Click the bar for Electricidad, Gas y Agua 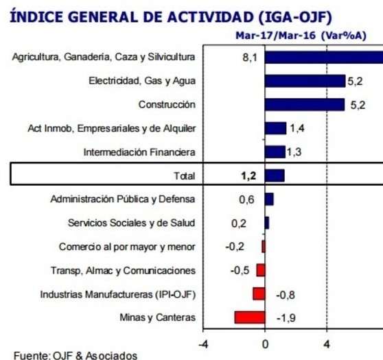[305, 81]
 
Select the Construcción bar [305, 105]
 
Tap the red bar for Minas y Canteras [250, 317]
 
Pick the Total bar [275, 176]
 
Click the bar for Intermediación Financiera [275, 152]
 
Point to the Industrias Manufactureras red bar [259, 293]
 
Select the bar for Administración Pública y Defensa [269, 199]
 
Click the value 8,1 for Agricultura [250, 58]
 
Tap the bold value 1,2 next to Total [248, 176]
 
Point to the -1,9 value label [286, 318]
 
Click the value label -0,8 [286, 295]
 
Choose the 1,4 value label [297, 128]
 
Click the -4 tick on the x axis [203, 344]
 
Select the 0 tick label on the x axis [265, 344]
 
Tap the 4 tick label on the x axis [327, 344]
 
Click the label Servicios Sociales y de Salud [131, 223]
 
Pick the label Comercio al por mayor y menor [127, 247]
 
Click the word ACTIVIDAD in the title [211, 17]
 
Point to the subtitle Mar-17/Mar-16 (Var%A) [301, 36]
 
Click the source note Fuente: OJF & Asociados [76, 355]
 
